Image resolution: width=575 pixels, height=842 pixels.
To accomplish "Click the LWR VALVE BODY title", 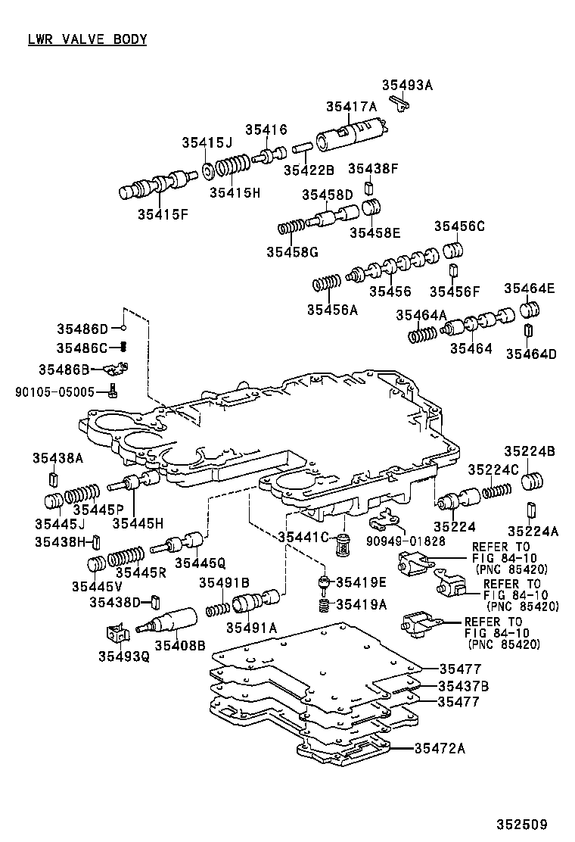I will click(86, 39).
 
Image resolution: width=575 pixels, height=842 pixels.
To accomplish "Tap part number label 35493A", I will click(406, 85).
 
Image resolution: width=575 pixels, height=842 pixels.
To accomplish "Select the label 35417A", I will click(351, 108).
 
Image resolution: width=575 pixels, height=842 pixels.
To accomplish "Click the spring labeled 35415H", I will click(232, 166).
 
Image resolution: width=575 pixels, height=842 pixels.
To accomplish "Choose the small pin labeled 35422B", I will click(302, 145).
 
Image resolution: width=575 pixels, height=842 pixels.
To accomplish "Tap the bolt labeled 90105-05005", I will click(113, 391).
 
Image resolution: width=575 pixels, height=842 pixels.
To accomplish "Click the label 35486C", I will click(82, 348).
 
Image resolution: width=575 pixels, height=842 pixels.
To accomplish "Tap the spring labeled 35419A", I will click(323, 605).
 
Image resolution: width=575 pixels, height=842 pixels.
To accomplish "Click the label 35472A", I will click(440, 749).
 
